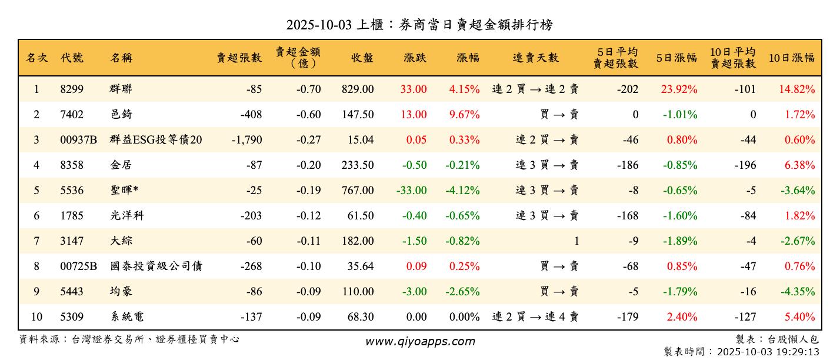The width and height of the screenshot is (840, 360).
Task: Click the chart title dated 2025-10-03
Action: (x=419, y=25)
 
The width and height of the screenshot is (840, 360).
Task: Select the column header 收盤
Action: (x=362, y=58)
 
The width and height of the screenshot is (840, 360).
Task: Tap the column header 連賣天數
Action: (x=535, y=58)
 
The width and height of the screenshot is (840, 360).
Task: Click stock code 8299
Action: (x=72, y=89)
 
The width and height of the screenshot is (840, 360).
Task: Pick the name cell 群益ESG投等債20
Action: (x=156, y=140)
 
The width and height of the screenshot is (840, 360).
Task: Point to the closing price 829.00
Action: (x=357, y=89)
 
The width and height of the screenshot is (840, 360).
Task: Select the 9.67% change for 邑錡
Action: (x=464, y=115)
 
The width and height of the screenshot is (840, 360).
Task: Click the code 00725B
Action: (x=78, y=266)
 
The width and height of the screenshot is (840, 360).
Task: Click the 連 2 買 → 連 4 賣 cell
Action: (x=535, y=317)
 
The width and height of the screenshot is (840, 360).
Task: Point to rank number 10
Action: (x=36, y=317)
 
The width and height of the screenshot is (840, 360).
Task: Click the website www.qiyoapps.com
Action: (x=419, y=341)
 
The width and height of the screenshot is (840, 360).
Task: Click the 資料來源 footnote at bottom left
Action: (x=129, y=339)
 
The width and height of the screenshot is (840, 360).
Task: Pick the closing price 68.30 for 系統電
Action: (x=360, y=317)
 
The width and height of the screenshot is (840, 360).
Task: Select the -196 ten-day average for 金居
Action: (x=745, y=165)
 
